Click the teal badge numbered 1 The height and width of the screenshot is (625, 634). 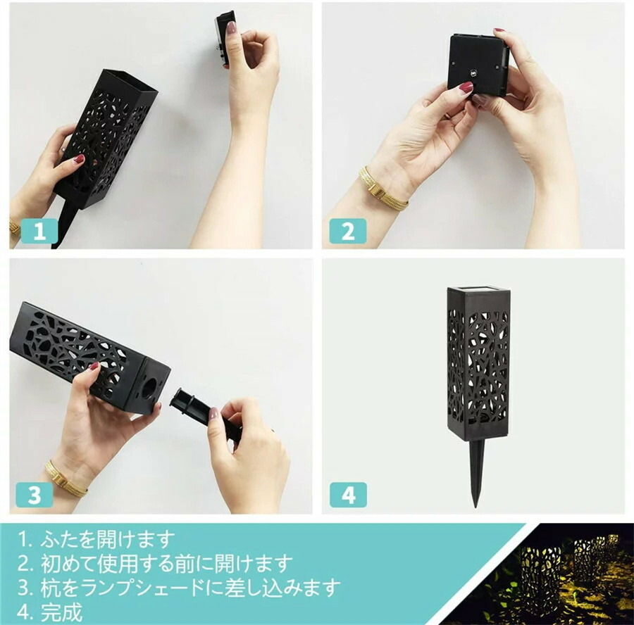[39, 231]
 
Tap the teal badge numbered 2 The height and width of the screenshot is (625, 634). [348, 231]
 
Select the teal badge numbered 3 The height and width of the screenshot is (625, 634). [35, 495]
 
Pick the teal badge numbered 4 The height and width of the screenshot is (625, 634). [349, 495]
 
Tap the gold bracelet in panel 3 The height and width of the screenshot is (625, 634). [65, 479]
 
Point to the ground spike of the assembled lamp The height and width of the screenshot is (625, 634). [477, 474]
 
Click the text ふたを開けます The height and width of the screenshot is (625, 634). [108, 539]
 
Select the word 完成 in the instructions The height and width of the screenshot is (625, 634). [61, 612]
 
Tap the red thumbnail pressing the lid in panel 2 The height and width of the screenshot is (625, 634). [466, 87]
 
